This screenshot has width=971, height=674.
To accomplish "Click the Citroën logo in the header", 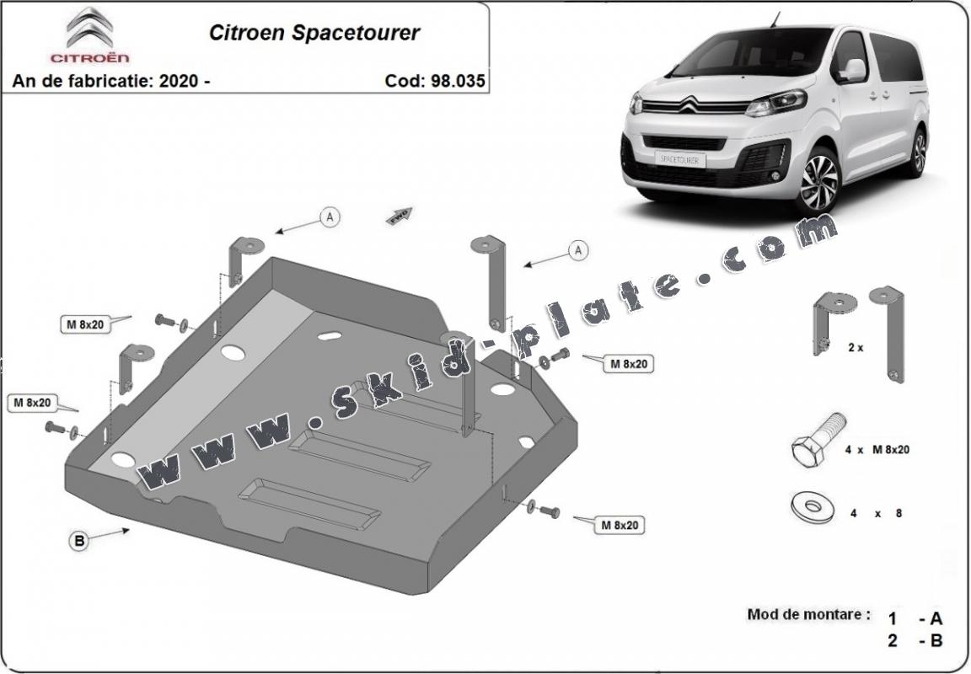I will point(90,35).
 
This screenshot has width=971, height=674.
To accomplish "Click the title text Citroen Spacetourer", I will point(314,34).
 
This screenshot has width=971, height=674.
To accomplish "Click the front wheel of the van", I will point(818,181).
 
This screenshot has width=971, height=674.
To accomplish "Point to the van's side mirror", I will point(852,69).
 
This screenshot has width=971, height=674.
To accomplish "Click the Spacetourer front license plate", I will point(679,158).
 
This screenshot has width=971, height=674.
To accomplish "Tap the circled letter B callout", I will point(78,542).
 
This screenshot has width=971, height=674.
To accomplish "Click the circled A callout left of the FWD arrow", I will point(330,217).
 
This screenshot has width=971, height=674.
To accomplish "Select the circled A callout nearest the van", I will point(577,249).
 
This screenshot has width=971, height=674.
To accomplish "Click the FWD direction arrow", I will point(399,217).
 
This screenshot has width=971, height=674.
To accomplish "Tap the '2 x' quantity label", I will point(856,346).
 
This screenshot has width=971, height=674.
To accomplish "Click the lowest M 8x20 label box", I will point(620,525).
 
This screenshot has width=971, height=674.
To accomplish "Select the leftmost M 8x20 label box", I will point(30,403).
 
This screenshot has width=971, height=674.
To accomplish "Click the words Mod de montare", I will point(807,614).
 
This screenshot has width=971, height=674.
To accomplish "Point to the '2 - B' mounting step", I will point(915,640).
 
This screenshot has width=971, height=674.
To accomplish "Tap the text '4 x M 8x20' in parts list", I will point(877,450).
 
